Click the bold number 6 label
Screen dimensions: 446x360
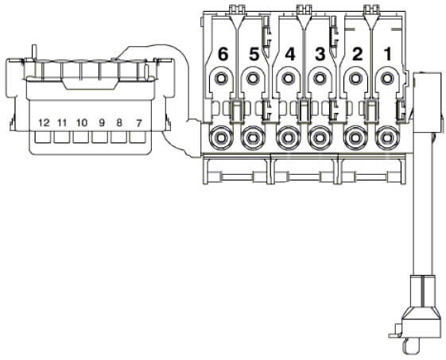point(223,54)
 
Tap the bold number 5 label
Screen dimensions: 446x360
point(254,54)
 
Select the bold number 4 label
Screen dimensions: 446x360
point(289,54)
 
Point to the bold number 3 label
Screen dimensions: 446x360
point(320,54)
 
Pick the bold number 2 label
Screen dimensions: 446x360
point(357,54)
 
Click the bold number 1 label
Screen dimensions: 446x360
point(387,54)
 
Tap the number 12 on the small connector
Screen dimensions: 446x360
point(44,123)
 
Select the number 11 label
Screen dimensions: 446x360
point(62,123)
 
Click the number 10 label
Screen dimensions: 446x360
point(82,123)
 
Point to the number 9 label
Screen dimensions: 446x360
point(102,123)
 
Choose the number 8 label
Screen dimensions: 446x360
point(119,123)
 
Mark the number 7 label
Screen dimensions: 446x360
point(138,123)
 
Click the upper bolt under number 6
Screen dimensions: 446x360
point(220,78)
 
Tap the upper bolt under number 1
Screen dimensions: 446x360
point(386,78)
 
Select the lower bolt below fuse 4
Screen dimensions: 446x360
point(288,138)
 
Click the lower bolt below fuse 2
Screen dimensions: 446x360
point(355,138)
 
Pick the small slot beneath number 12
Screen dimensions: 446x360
point(43,137)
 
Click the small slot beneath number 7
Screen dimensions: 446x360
point(138,137)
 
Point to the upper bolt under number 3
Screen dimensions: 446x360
point(320,78)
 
